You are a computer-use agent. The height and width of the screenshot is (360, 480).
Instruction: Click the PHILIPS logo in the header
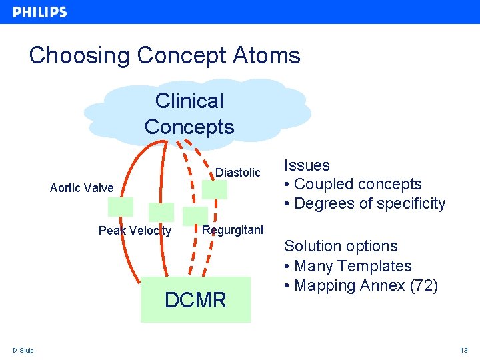pos(40,12)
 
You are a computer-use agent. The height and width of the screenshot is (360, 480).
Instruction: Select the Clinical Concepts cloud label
pos(189,114)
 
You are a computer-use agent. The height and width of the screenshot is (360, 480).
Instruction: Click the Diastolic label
pos(238,173)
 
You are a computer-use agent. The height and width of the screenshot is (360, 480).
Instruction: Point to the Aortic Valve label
pos(81,188)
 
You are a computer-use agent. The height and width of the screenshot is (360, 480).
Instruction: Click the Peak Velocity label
pos(135,231)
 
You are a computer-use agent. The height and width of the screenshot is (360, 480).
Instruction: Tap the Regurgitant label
pos(233,230)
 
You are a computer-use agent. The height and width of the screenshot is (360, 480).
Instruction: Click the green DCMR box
pos(195,300)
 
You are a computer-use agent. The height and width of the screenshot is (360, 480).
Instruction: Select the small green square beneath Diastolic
pos(215,189)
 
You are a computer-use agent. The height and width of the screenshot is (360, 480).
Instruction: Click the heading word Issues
pos(307,165)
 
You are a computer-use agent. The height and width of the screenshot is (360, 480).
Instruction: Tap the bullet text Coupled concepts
pos(357,184)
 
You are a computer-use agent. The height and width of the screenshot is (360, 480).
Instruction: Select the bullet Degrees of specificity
pos(369,203)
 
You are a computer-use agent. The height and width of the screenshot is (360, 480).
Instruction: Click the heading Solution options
pos(341,246)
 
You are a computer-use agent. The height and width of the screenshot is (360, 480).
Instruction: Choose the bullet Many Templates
pos(353,266)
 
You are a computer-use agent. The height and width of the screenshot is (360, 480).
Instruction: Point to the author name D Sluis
pos(23,351)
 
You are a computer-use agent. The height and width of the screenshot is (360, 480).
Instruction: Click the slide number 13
pos(464,351)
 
